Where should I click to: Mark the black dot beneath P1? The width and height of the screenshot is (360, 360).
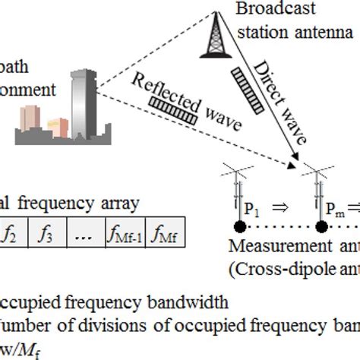click(238, 227)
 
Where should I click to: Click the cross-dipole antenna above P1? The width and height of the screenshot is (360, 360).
click(238, 182)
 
